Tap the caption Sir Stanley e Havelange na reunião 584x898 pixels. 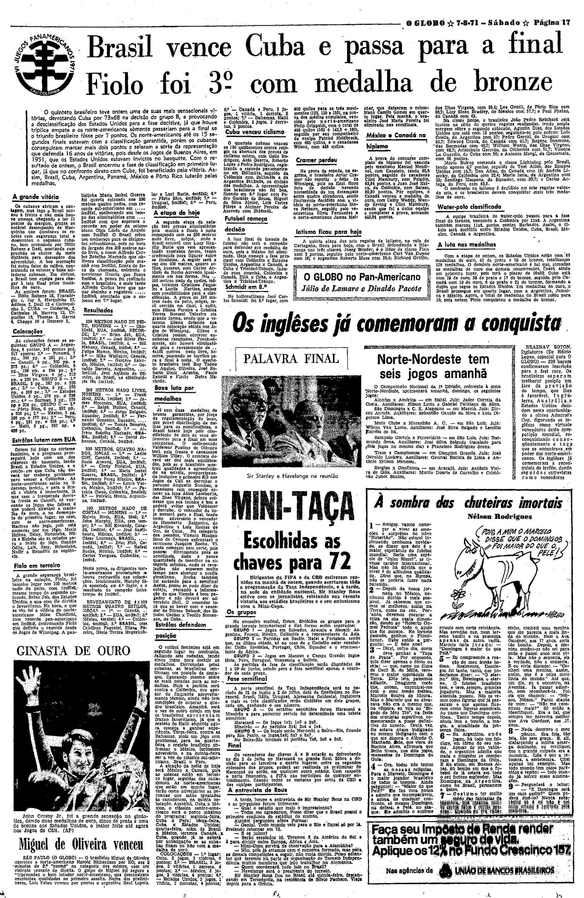coord(289,467)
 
